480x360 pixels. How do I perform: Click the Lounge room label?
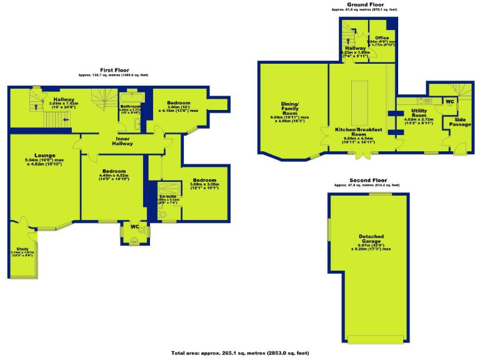click(x=45, y=156)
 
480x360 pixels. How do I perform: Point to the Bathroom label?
click(x=131, y=106)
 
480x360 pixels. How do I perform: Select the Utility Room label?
click(x=419, y=112)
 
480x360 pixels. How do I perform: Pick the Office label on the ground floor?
click(x=382, y=38)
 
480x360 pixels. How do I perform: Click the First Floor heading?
click(x=115, y=70)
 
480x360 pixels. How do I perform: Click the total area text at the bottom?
click(x=240, y=353)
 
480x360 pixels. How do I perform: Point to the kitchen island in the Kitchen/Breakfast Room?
click(x=361, y=101)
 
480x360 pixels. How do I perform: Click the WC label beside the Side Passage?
click(x=450, y=101)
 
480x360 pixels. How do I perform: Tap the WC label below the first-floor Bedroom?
click(x=134, y=226)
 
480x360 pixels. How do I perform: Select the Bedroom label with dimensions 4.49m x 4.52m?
click(x=114, y=171)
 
